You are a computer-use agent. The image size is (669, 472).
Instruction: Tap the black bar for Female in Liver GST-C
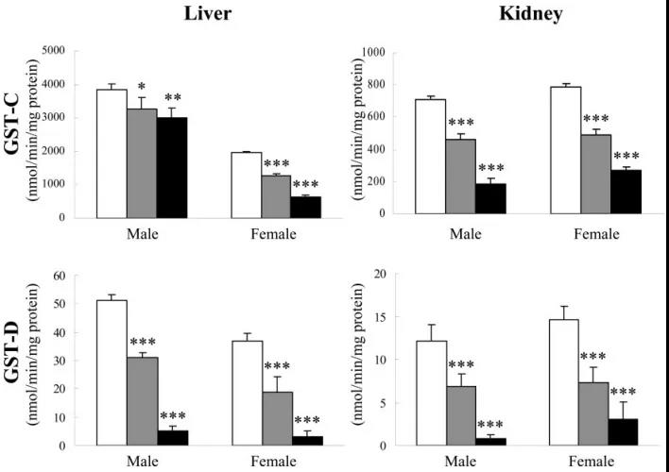[x=306, y=207]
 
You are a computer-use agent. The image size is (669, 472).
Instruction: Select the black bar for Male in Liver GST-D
[x=172, y=438]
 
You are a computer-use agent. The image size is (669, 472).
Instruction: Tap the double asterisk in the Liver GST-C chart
[x=173, y=97]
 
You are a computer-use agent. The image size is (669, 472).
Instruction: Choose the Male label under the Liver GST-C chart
[x=142, y=231]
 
